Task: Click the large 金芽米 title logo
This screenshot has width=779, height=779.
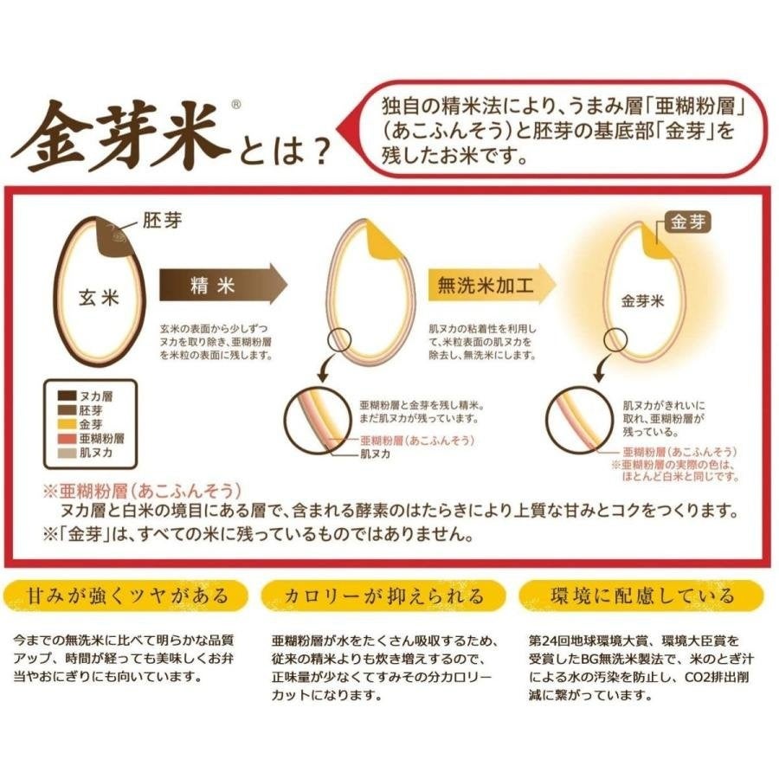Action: click(x=122, y=137)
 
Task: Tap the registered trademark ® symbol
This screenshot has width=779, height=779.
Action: click(x=236, y=105)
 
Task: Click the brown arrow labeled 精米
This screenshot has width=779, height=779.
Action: click(x=223, y=284)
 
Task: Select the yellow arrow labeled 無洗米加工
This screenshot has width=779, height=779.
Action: click(x=492, y=284)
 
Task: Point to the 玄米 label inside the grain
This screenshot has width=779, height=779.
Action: click(x=99, y=298)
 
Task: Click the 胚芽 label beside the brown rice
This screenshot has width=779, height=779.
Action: click(x=162, y=221)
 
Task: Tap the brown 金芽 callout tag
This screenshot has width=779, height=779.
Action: click(x=687, y=222)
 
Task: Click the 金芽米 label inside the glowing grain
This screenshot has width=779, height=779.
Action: click(x=642, y=301)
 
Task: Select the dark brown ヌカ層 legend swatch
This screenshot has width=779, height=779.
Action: click(x=67, y=396)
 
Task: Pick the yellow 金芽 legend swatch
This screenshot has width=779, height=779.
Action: click(x=67, y=424)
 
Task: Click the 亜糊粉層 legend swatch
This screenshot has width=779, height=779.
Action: click(x=67, y=439)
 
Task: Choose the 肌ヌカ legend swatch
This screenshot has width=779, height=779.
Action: click(x=67, y=453)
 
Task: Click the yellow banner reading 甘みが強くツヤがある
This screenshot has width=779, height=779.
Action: click(x=126, y=596)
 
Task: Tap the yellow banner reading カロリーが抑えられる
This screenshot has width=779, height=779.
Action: click(x=383, y=596)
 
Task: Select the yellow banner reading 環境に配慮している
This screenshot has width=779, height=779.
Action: click(x=641, y=596)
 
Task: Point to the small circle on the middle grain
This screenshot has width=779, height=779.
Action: click(x=339, y=340)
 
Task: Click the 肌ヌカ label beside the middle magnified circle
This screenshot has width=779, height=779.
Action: click(x=375, y=454)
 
